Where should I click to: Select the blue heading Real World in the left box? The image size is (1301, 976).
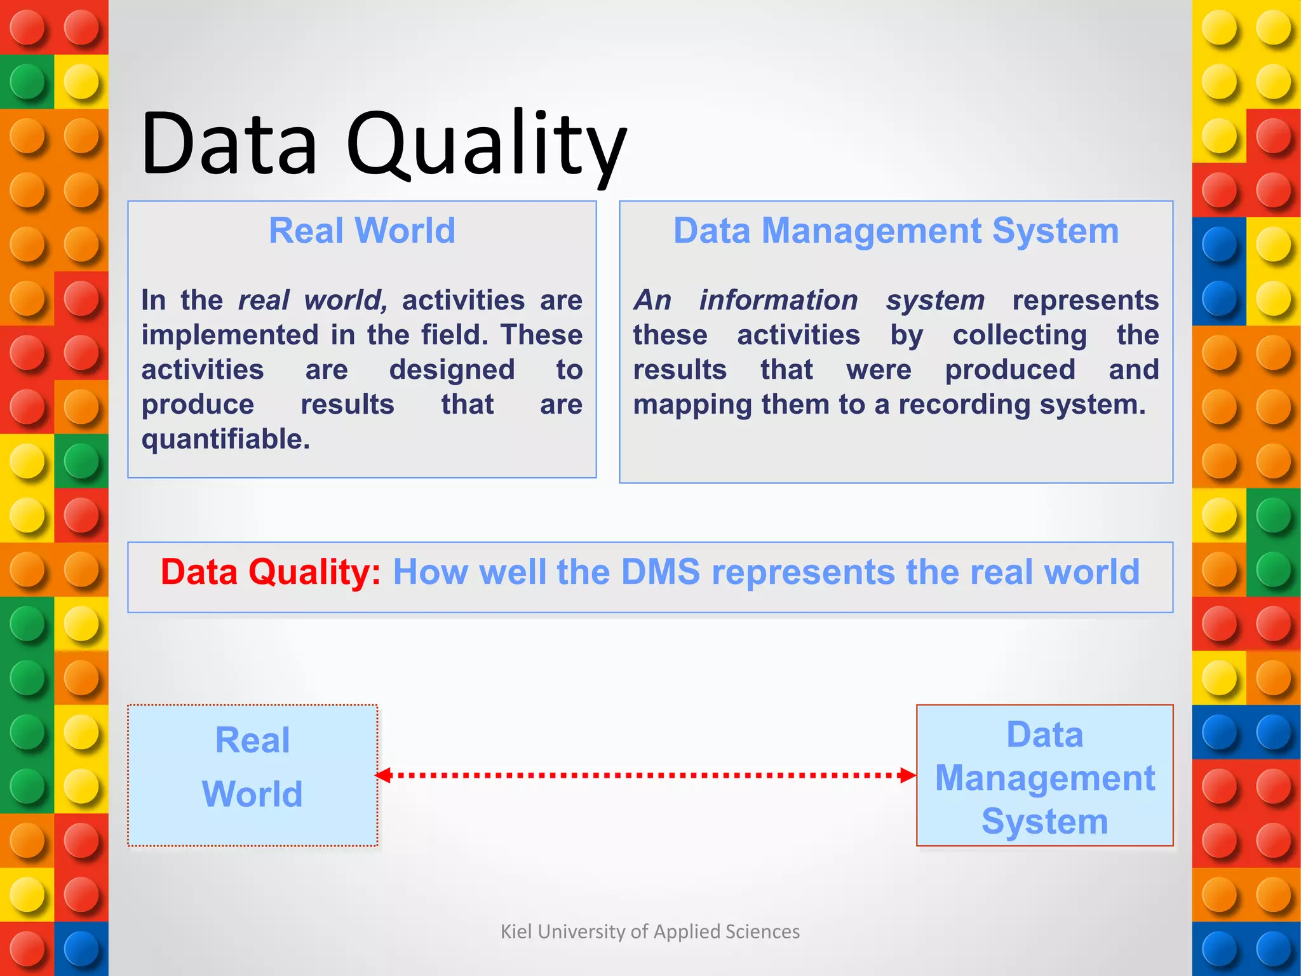(362, 230)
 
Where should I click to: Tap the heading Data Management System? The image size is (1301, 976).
(896, 230)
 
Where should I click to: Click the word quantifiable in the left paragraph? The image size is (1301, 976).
(226, 439)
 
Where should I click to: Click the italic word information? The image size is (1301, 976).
(778, 300)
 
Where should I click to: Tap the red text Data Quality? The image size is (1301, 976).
(271, 571)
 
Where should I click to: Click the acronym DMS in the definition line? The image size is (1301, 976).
(660, 571)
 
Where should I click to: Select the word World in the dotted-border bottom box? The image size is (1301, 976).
(252, 794)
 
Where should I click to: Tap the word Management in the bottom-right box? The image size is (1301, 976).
(1045, 778)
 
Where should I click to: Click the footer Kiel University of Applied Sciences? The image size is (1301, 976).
(650, 932)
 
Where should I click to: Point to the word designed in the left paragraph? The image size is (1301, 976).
(452, 370)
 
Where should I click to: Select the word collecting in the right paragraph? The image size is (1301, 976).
(1020, 335)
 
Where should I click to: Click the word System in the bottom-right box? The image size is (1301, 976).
(1045, 821)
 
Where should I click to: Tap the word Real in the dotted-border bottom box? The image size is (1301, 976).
(252, 740)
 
